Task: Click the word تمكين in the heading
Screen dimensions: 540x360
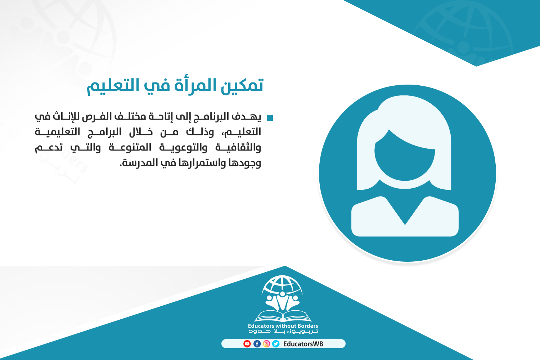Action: (242, 85)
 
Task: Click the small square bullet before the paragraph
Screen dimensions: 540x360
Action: (270, 118)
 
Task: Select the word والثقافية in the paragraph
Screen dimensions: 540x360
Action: (238, 147)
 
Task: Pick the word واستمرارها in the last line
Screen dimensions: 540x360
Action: (202, 162)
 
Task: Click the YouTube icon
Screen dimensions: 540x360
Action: (247, 343)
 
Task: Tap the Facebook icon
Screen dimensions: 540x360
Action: (257, 343)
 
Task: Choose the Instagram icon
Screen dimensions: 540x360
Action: (266, 343)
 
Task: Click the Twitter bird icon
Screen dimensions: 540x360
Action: (276, 343)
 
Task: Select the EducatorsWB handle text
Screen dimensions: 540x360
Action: (303, 344)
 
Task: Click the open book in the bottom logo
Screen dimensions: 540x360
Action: (283, 316)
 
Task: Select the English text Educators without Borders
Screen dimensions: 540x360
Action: (283, 326)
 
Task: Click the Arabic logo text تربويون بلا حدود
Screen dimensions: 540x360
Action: (283, 331)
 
